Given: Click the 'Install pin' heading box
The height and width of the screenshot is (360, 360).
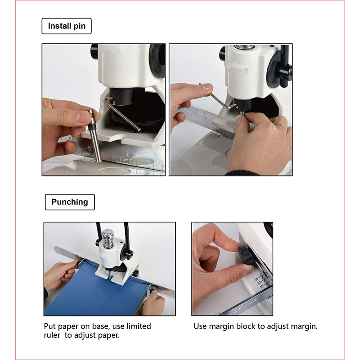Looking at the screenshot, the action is [67, 26].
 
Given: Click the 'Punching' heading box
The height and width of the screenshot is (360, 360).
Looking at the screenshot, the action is [70, 202].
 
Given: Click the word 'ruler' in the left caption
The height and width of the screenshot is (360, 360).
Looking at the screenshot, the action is [52, 335].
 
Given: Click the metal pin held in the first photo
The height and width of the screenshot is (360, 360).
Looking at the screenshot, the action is [94, 135].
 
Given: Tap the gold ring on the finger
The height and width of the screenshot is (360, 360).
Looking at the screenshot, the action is [282, 126].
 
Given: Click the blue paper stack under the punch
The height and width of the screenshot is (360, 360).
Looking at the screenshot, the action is [96, 292].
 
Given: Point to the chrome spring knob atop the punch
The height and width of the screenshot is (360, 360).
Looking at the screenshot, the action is [108, 238].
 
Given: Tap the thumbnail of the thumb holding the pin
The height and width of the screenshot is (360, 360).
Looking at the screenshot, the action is [82, 117].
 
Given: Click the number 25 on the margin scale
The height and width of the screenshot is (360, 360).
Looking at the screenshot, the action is [261, 287].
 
